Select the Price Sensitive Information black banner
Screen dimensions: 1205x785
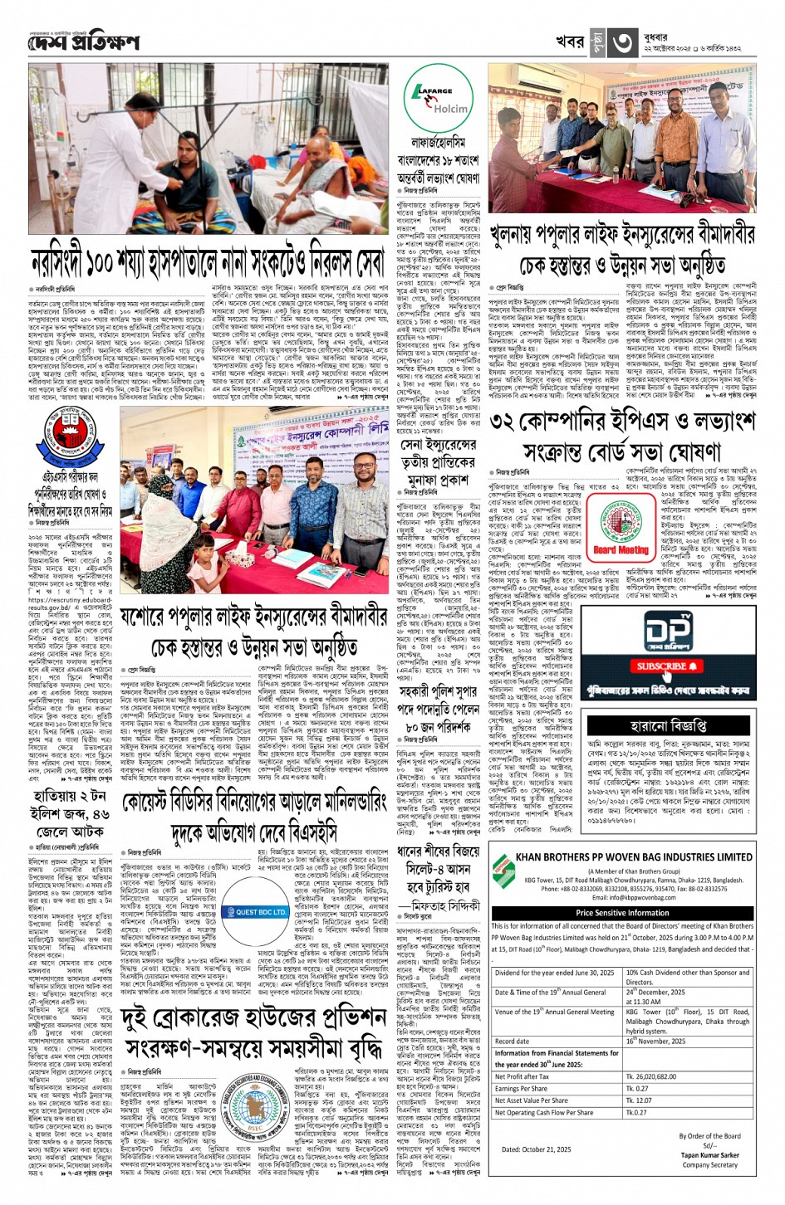tap(622, 913)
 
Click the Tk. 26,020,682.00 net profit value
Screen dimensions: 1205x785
tap(650, 1076)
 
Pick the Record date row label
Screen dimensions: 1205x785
tap(512, 1041)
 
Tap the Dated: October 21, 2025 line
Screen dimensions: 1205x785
tap(536, 1149)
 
